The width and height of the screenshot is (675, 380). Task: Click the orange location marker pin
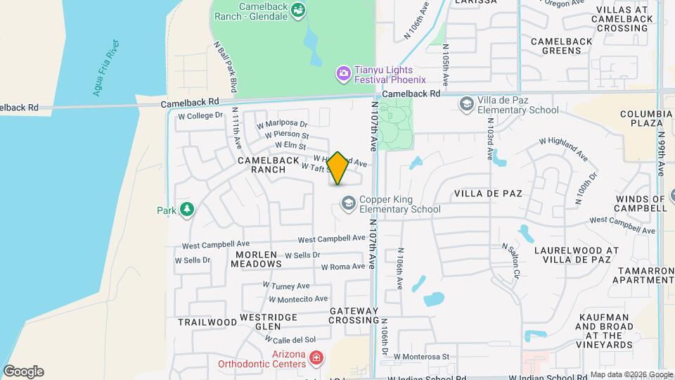[337, 168]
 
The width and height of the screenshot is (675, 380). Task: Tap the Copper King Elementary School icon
[347, 203]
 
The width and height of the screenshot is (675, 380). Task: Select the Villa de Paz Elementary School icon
[465, 105]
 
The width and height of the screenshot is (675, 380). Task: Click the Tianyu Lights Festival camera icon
[343, 72]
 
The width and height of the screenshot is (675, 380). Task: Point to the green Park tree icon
[186, 210]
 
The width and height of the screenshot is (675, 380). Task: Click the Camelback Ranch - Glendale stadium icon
[299, 10]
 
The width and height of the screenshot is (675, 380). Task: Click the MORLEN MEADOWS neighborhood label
[258, 259]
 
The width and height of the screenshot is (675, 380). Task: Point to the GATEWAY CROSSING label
[354, 315]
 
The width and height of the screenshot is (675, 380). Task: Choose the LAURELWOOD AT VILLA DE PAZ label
[576, 255]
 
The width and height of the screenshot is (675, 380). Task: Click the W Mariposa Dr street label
[282, 125]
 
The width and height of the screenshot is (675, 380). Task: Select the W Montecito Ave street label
[298, 299]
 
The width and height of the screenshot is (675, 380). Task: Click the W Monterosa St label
[421, 357]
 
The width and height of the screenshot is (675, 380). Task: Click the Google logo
[23, 372]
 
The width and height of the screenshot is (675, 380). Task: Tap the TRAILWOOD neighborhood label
[207, 322]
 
